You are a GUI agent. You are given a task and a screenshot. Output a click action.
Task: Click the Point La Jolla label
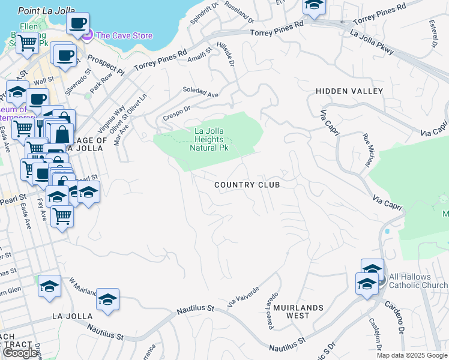click(x=46, y=10)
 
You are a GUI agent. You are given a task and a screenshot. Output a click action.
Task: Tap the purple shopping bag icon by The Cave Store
click(x=87, y=36)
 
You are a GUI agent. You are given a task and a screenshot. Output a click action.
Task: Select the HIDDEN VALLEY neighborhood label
click(x=349, y=91)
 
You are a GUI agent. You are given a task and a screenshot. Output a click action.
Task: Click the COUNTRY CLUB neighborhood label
click(x=247, y=185)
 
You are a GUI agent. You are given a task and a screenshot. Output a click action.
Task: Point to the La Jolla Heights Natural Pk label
click(x=209, y=139)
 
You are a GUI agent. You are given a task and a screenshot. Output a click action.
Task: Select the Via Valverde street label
click(x=243, y=298)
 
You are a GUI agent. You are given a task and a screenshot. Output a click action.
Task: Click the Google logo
click(x=20, y=353)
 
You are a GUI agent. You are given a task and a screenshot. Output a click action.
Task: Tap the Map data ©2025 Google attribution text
click(x=411, y=355)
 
